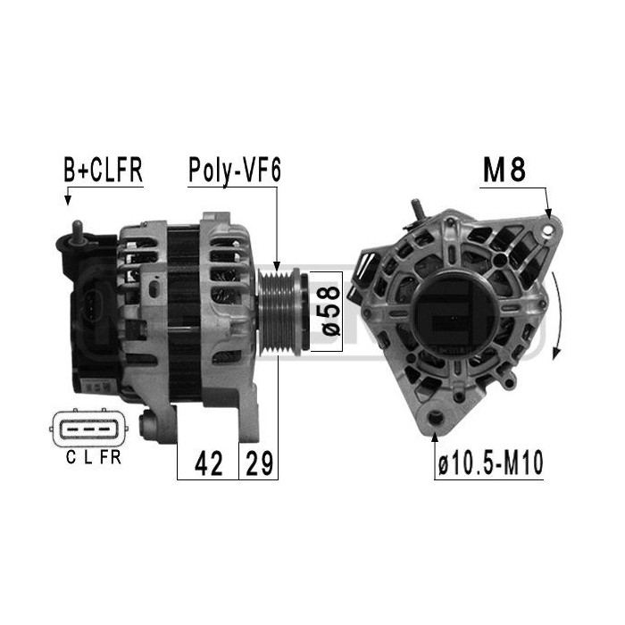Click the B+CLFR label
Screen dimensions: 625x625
(103, 171)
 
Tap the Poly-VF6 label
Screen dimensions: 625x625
(234, 171)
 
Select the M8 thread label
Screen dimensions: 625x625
(504, 171)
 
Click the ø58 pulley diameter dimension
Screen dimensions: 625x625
(329, 310)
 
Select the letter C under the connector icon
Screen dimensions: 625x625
(71, 459)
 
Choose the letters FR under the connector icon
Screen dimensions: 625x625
(110, 459)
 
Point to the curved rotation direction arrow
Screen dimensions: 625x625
(558, 317)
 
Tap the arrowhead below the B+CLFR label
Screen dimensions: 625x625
(67, 201)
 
